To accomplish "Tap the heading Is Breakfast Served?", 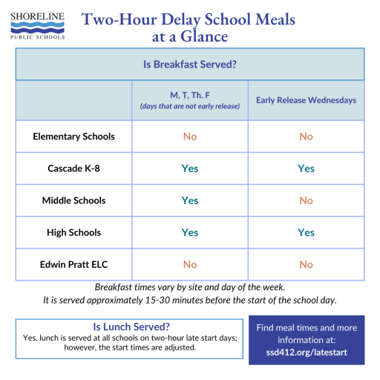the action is point(190,65).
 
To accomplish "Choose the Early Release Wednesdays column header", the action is point(306,100).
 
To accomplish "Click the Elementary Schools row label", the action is point(73,137).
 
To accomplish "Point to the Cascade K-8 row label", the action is point(73,168).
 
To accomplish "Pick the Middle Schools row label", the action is point(73,200).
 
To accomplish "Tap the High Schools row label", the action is point(73,232).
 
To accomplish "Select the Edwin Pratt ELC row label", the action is point(73,264).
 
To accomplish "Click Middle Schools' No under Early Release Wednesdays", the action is point(306,200).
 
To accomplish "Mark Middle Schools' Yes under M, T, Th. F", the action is point(190,200).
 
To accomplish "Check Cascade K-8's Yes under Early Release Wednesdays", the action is point(306,168).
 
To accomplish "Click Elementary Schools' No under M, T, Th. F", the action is point(190,137).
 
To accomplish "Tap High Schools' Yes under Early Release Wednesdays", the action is point(306,232).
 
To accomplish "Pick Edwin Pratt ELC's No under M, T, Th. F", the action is point(190,264).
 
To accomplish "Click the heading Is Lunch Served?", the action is point(131,327).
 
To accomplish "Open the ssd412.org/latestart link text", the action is point(306,353).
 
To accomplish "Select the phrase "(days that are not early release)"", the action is point(190,106).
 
